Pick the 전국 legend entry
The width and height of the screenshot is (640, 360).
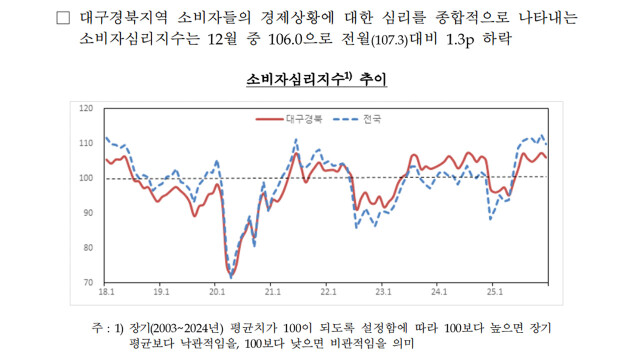click(370, 119)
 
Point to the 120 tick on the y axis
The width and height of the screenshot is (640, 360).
click(86, 108)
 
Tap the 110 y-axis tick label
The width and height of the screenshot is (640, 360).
click(86, 143)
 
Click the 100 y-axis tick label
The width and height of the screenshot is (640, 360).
click(86, 178)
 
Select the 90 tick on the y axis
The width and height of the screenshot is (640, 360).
click(88, 213)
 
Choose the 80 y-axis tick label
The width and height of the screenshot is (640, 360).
click(88, 248)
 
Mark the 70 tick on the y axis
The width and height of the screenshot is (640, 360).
click(88, 283)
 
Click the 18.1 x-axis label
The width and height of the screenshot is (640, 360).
click(106, 294)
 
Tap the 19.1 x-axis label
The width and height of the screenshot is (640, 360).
click(161, 294)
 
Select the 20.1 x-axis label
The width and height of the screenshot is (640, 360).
click(217, 294)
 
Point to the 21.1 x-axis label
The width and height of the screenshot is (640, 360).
click(272, 294)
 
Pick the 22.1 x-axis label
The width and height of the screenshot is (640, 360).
click(327, 294)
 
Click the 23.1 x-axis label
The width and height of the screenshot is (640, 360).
click(382, 294)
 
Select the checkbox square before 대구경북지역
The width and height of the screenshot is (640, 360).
click(65, 19)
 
